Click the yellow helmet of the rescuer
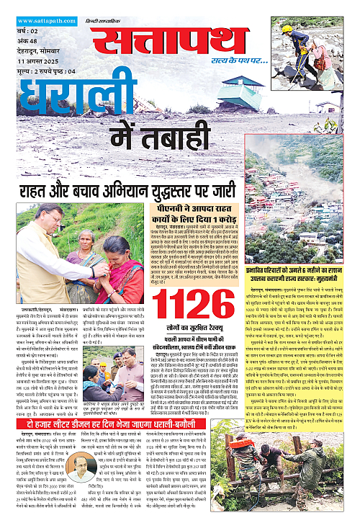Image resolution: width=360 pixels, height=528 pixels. point(287,28)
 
